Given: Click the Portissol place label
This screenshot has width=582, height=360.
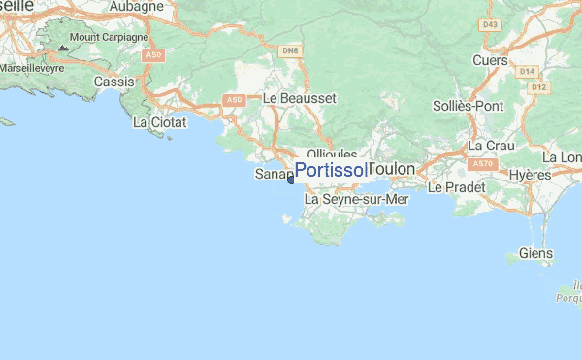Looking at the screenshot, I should [331, 171].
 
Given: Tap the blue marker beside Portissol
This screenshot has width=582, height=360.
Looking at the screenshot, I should [291, 179].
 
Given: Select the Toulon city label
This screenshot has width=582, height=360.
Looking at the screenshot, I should [392, 169].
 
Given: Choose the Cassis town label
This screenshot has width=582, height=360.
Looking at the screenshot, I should [113, 82].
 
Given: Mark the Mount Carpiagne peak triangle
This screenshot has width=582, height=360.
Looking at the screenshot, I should [63, 47].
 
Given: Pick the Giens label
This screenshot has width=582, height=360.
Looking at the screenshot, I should [535, 253].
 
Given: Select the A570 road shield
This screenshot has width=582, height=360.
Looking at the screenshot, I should [485, 164].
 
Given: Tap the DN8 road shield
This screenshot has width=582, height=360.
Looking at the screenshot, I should [289, 49].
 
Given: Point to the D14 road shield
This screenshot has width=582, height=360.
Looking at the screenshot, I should [528, 71].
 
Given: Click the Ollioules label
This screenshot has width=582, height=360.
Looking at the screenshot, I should [332, 154].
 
